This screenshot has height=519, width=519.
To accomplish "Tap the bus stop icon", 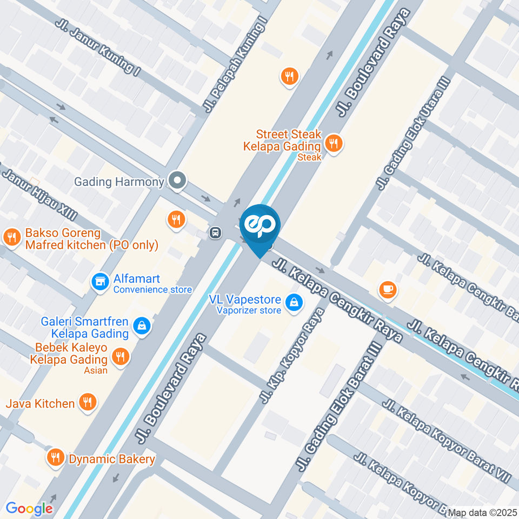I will click(215, 233).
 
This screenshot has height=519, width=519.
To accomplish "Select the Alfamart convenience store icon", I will click(100, 281).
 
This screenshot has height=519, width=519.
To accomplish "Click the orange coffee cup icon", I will click(388, 290).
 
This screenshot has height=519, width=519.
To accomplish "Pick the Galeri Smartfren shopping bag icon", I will click(142, 326).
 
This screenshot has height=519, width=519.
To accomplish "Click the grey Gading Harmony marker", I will click(176, 181).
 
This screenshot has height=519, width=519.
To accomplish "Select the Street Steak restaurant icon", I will click(334, 144).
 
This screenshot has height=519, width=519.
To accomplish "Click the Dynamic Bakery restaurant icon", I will click(55, 457).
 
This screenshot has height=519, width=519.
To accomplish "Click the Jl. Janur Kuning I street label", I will click(98, 48).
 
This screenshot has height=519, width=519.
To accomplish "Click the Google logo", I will click(29, 508).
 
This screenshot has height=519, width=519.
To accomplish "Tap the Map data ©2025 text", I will click(483, 513).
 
